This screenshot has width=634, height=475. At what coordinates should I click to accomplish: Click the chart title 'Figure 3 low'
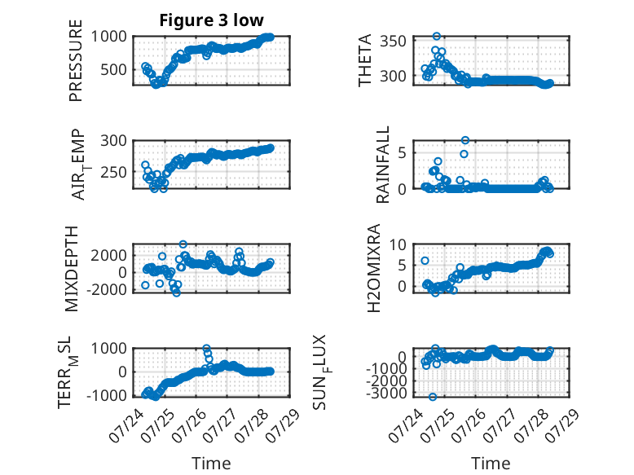[211, 20]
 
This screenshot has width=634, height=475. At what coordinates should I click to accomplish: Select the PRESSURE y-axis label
[76, 60]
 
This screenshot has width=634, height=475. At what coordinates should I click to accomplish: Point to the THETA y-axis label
[365, 60]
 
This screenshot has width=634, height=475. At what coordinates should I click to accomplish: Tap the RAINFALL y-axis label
[382, 165]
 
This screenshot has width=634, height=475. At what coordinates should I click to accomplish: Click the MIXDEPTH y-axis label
[71, 269]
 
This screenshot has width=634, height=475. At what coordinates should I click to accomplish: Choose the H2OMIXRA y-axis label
[374, 268]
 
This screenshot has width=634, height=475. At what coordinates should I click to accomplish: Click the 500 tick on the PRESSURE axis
[113, 69]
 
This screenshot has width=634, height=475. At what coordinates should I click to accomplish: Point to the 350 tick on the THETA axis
[393, 41]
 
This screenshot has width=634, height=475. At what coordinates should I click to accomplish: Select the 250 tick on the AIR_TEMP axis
[113, 172]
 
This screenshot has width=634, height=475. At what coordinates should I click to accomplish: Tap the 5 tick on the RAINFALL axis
[402, 153]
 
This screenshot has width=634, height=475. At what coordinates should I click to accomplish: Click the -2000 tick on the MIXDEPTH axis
[107, 289]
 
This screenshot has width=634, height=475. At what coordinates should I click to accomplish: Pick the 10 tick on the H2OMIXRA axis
[398, 244]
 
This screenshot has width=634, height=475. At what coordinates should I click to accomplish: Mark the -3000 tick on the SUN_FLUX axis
[386, 393]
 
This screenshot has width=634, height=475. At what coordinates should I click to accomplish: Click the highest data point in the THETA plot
[436, 37]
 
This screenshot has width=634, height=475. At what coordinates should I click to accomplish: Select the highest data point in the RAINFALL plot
[465, 140]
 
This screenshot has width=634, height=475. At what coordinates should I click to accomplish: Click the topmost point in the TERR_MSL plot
[206, 348]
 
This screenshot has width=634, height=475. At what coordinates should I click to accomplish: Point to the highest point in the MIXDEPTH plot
[183, 244]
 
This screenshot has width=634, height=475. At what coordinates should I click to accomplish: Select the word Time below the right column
[491, 464]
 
